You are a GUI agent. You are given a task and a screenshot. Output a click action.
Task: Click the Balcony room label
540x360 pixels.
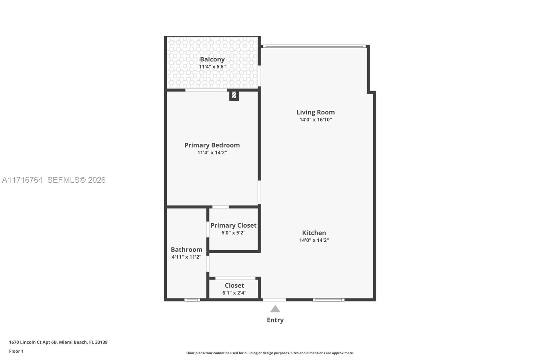(x=212, y=59)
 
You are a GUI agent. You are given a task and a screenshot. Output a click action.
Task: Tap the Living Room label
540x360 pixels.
(x=316, y=112)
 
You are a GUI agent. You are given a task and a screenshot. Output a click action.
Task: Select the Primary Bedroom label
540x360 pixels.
(x=212, y=145)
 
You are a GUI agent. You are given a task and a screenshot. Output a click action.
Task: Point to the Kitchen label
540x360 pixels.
(x=314, y=233)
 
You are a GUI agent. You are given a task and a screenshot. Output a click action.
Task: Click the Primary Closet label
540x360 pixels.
(x=233, y=225)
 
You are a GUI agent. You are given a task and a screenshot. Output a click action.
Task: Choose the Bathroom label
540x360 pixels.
(x=186, y=250)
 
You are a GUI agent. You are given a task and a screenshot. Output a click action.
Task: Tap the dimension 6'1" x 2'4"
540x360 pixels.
(x=234, y=293)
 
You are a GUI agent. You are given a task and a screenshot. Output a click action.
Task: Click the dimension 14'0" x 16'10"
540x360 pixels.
(x=316, y=120)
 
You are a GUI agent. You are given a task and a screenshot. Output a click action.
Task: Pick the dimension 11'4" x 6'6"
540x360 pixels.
(x=212, y=67)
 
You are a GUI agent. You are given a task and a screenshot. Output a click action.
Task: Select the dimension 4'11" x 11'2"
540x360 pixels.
(x=186, y=257)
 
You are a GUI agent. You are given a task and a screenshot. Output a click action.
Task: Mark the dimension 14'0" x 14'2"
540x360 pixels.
(x=314, y=240)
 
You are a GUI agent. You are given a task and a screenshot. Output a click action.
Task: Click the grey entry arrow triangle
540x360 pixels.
(x=275, y=309)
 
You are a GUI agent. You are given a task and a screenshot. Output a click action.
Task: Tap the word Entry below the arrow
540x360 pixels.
(x=275, y=320)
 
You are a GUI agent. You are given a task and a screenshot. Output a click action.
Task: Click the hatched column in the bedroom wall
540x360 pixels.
(x=234, y=95)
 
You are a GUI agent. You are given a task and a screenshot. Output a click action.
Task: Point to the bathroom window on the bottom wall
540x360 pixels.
(x=192, y=300)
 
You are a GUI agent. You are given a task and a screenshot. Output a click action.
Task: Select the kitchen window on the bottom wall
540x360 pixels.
(x=328, y=300)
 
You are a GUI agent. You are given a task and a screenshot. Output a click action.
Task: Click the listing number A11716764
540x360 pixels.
(x=22, y=180)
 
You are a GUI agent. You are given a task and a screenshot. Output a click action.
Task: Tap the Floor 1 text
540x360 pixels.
(x=16, y=351)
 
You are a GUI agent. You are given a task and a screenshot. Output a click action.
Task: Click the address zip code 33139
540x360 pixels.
(x=101, y=342)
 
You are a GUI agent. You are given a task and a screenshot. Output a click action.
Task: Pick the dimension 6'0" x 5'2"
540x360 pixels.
(x=233, y=233)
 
